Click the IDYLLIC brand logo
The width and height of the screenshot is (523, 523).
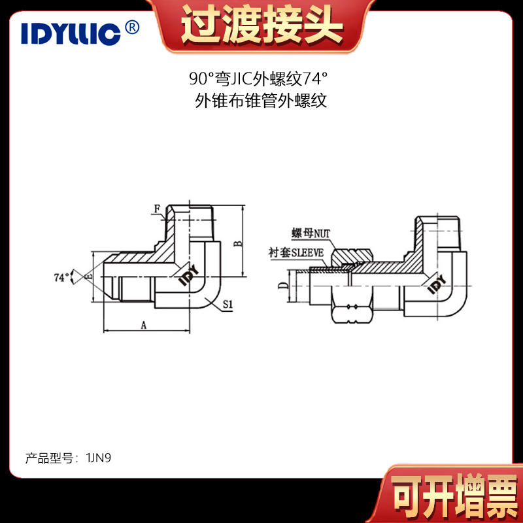click(71, 33)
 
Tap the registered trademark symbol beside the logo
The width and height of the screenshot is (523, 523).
click(132, 27)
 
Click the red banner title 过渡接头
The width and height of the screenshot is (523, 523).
click(261, 25)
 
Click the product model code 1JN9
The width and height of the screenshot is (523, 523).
click(99, 458)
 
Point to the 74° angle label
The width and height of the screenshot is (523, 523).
click(61, 277)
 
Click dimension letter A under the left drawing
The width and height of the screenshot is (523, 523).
click(143, 324)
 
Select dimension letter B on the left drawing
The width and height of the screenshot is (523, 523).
click(238, 244)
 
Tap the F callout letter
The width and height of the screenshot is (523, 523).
click(157, 209)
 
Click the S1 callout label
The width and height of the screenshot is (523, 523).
click(228, 304)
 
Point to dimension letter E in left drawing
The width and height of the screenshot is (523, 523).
click(89, 276)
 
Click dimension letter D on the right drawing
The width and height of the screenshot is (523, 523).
click(283, 285)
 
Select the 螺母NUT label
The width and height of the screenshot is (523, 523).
click(311, 233)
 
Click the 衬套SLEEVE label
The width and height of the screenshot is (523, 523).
click(296, 252)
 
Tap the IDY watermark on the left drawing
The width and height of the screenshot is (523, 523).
click(188, 275)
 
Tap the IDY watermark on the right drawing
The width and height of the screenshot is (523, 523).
click(436, 284)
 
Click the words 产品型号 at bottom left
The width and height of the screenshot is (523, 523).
click(49, 458)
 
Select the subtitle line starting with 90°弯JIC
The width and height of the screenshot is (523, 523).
click(258, 78)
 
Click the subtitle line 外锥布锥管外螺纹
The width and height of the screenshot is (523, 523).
click(261, 101)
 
